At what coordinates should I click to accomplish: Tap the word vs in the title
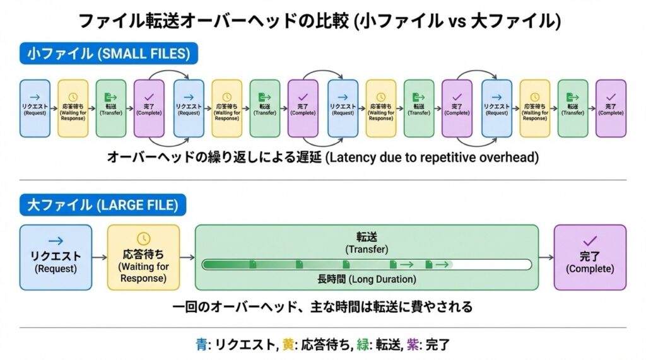coord(455,21)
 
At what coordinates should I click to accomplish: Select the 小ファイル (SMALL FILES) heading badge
coord(109,54)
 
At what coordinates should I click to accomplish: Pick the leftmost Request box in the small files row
coord(35,108)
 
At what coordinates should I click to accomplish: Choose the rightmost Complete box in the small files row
coord(611,108)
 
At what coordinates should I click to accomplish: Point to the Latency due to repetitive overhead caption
coord(322,158)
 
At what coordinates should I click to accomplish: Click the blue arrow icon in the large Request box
coord(56,240)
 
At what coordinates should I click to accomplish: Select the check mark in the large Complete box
coord(590,240)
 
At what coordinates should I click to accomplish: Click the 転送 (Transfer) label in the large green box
coord(367,242)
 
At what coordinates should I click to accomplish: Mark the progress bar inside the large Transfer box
coord(367,264)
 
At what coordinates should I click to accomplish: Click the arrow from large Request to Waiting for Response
coord(99,257)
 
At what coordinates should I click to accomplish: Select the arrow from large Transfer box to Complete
coord(546,257)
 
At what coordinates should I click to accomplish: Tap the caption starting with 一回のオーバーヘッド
coord(322,307)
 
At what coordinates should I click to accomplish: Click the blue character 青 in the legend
coord(201,345)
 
